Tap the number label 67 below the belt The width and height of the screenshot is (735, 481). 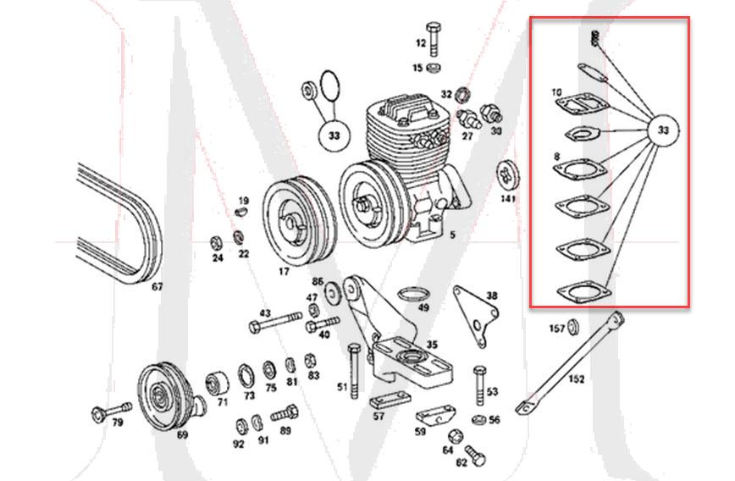(x=157, y=287)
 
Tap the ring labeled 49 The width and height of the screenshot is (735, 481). (x=411, y=296)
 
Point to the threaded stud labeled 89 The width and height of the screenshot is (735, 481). (x=285, y=414)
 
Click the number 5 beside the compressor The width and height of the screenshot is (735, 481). (x=452, y=235)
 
